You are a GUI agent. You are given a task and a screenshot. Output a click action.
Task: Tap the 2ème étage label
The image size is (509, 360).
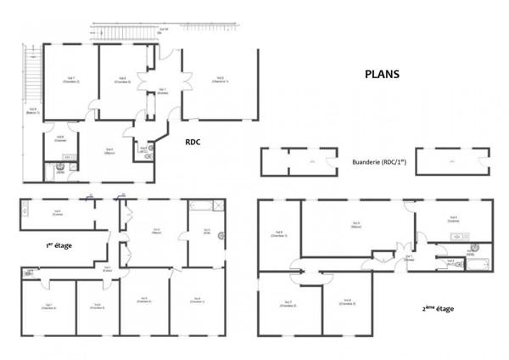click(437, 308)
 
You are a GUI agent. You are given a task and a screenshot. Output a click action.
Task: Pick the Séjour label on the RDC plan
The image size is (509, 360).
click(109, 152)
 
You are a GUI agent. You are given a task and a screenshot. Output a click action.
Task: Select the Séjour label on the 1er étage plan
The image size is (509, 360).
click(157, 230)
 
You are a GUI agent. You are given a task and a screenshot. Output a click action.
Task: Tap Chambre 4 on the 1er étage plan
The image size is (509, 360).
click(48, 307)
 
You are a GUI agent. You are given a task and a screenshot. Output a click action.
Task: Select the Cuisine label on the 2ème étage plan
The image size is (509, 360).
click(453, 218)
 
